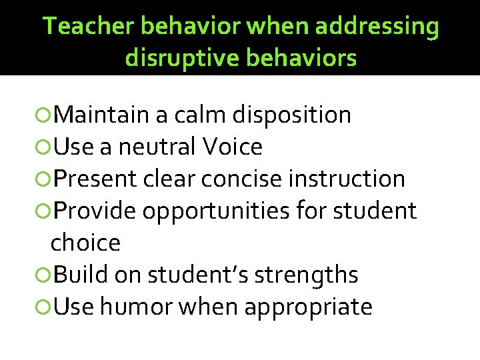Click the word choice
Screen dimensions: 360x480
coord(85,243)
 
